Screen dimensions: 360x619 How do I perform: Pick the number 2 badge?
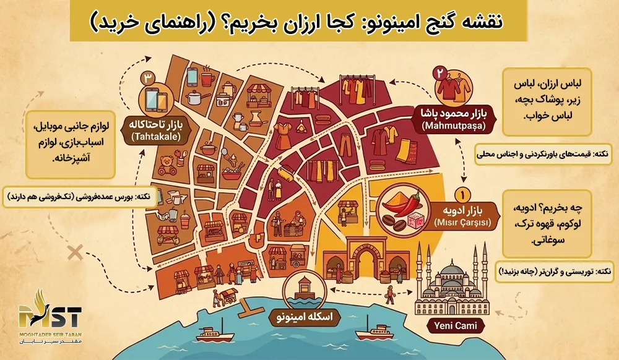tap(440, 72)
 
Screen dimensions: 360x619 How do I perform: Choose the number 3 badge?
tap(147, 79)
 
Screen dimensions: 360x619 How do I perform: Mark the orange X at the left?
tap(76, 252)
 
